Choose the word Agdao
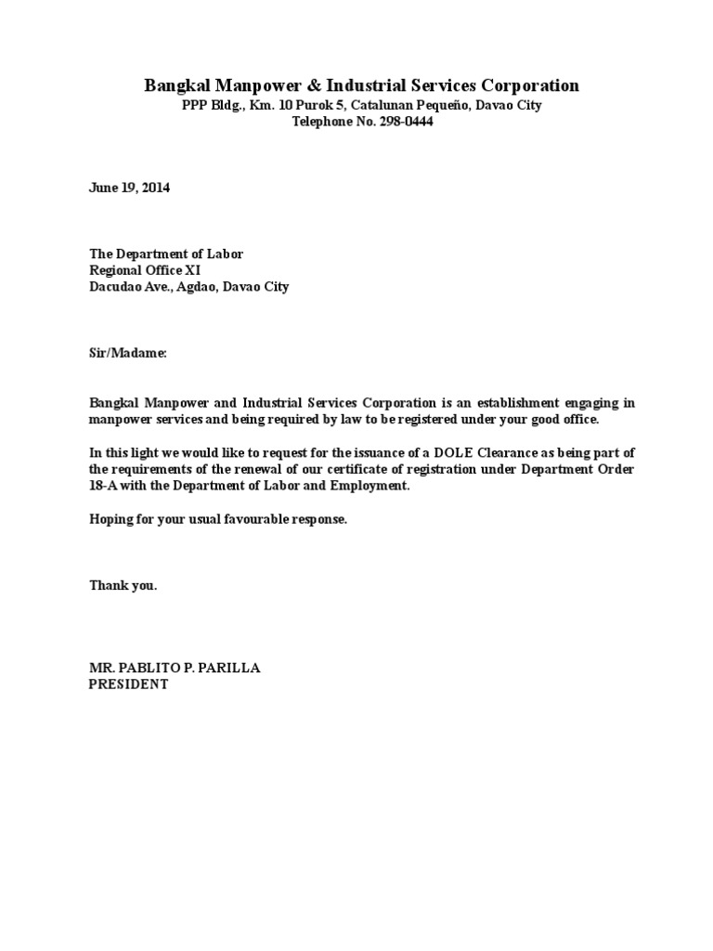(x=195, y=287)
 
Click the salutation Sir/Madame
(x=127, y=354)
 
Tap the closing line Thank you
(x=123, y=586)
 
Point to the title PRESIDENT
(x=128, y=684)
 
